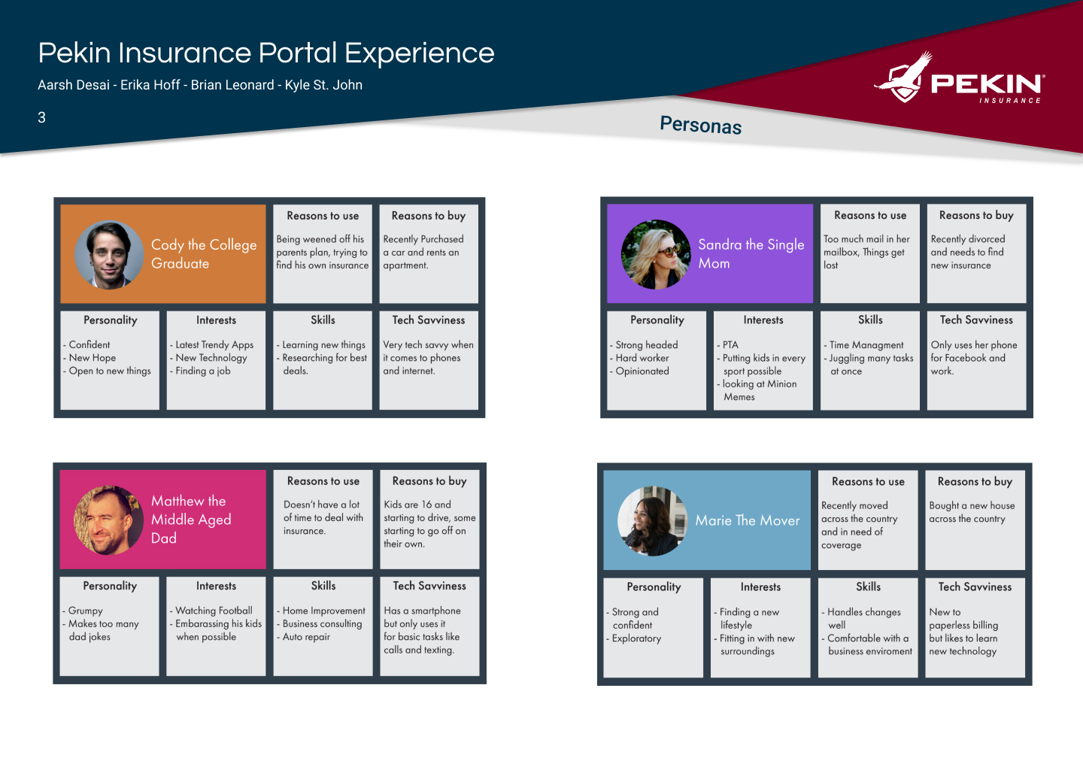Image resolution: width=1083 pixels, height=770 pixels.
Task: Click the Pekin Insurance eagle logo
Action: pos(903,77)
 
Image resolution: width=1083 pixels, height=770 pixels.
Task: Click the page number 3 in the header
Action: pos(41,117)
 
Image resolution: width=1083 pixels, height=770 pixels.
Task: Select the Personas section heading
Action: pos(701,125)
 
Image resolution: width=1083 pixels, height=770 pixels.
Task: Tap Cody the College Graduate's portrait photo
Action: pos(109,255)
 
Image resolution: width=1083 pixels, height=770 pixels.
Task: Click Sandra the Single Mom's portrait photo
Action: pos(656,255)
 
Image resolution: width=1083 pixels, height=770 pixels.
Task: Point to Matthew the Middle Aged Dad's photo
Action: pos(109,520)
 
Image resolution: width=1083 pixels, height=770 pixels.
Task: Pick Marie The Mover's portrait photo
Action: pos(653,521)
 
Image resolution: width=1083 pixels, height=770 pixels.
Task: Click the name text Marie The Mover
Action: pos(748,520)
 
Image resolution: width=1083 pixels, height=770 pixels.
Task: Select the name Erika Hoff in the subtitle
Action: pos(150,85)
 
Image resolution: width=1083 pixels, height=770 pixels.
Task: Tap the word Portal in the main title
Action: pos(298,53)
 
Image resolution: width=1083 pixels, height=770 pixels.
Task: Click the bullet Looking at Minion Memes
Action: pos(757,390)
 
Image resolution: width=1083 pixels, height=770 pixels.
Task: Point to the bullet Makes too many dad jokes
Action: pos(101,630)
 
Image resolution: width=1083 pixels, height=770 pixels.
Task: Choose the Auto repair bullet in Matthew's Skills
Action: pos(304,637)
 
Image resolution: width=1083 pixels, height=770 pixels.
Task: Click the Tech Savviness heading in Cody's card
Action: pos(429,320)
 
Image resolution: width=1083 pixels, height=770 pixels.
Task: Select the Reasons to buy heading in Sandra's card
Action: pos(976,216)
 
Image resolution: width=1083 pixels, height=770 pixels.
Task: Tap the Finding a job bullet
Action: pos(200,371)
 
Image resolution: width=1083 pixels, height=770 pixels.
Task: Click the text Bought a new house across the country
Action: pos(972,512)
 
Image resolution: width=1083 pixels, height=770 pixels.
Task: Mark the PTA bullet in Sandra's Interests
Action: pos(728,345)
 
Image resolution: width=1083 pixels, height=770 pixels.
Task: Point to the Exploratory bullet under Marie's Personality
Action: pos(634,638)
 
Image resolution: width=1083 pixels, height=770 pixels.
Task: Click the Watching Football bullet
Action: pos(211,611)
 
